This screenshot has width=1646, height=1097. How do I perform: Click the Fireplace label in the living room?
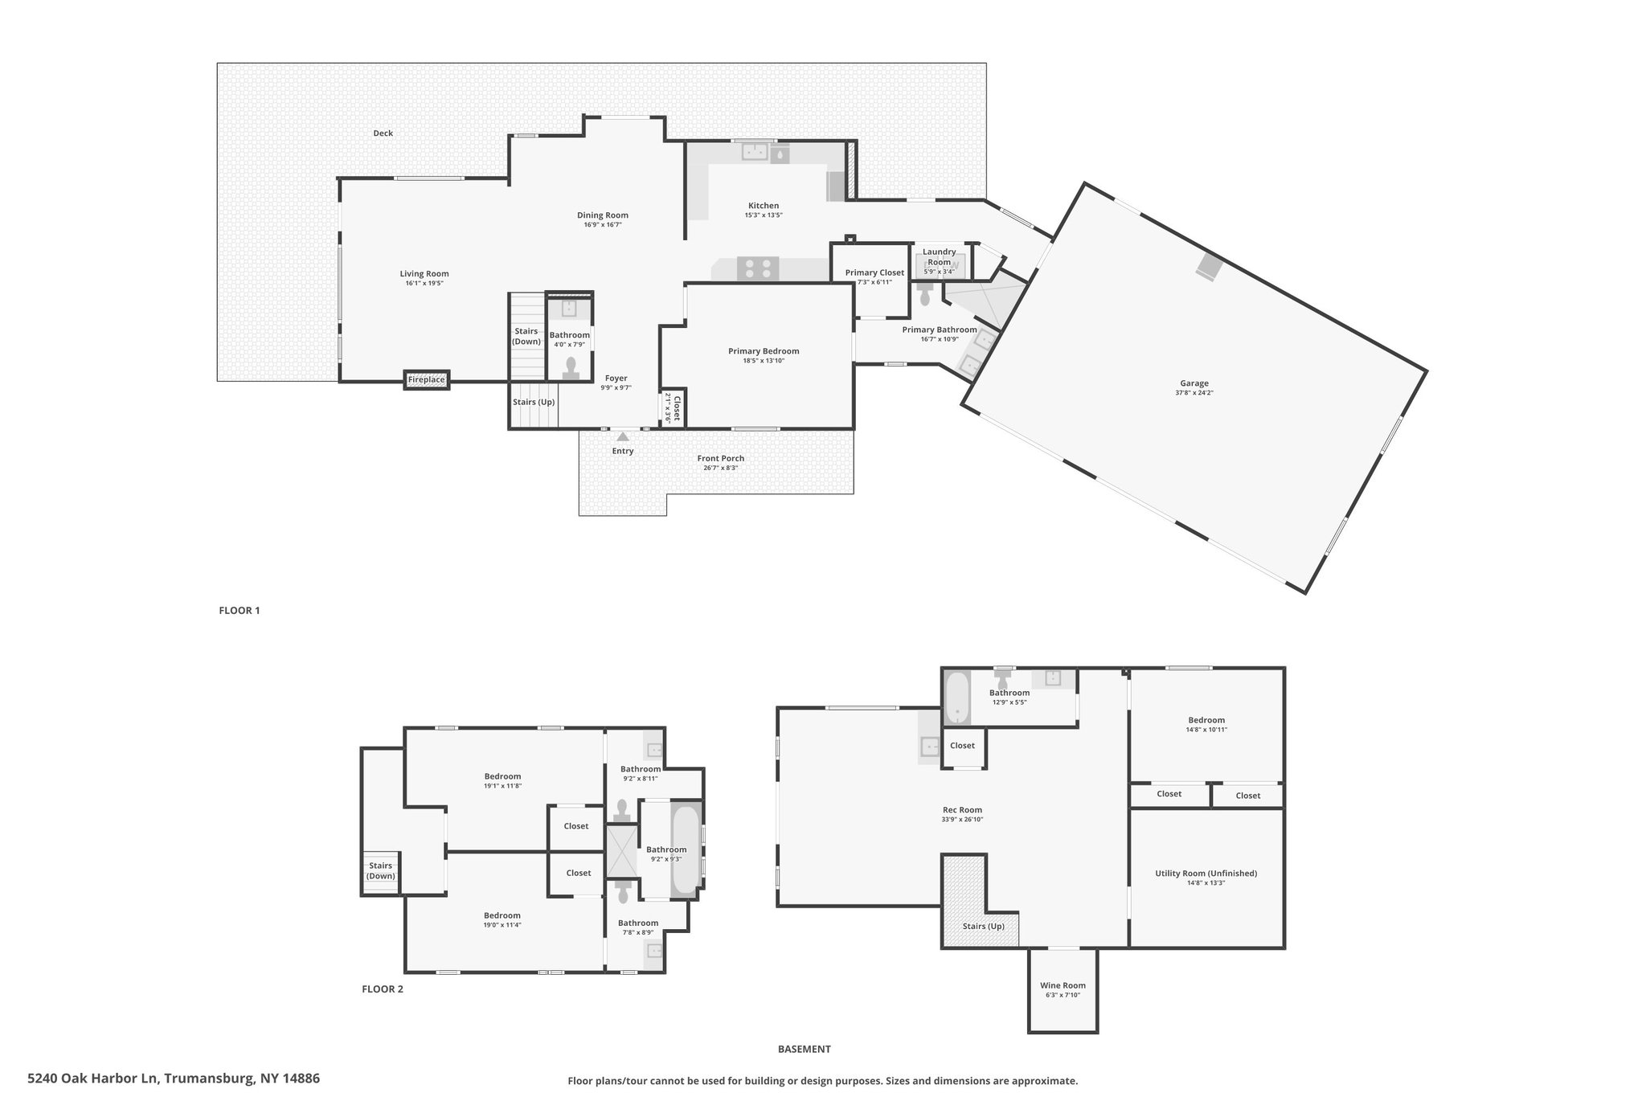[426, 379]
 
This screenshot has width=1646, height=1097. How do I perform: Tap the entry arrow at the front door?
[623, 436]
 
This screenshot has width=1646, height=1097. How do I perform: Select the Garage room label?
[1194, 383]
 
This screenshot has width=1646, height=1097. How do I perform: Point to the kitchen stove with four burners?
[758, 268]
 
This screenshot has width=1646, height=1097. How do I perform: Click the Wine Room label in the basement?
[1063, 985]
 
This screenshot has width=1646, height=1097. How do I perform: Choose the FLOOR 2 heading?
[383, 989]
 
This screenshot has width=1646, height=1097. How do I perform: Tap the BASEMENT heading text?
[804, 1049]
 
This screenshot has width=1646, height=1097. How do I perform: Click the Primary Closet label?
[874, 272]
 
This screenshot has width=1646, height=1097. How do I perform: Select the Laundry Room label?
[940, 256]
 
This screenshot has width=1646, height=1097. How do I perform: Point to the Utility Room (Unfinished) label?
[1206, 873]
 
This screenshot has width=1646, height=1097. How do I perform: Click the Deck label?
[383, 133]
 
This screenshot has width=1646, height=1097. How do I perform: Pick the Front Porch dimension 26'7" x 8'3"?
[720, 468]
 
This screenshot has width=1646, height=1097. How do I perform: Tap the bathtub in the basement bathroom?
[956, 698]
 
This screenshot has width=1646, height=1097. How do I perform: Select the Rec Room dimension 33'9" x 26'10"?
[962, 820]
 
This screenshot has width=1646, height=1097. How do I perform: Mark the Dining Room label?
[603, 215]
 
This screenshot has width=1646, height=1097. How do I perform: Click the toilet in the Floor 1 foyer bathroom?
[571, 368]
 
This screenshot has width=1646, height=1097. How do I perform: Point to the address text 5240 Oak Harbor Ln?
[95, 1078]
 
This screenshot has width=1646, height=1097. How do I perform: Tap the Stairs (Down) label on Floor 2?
[381, 870]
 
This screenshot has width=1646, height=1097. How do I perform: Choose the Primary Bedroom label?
[764, 351]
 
